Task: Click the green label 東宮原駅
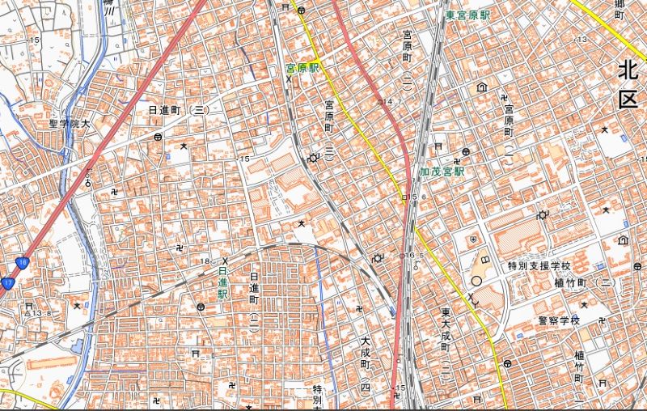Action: coord(467,15)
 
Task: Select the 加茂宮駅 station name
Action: coord(442,172)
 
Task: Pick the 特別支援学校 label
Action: coord(539,265)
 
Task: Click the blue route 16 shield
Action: coord(23,262)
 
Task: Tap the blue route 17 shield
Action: coord(8,282)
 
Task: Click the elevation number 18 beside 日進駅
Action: coord(206,261)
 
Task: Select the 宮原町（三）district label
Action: coord(329,128)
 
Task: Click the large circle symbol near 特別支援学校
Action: coord(476,281)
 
